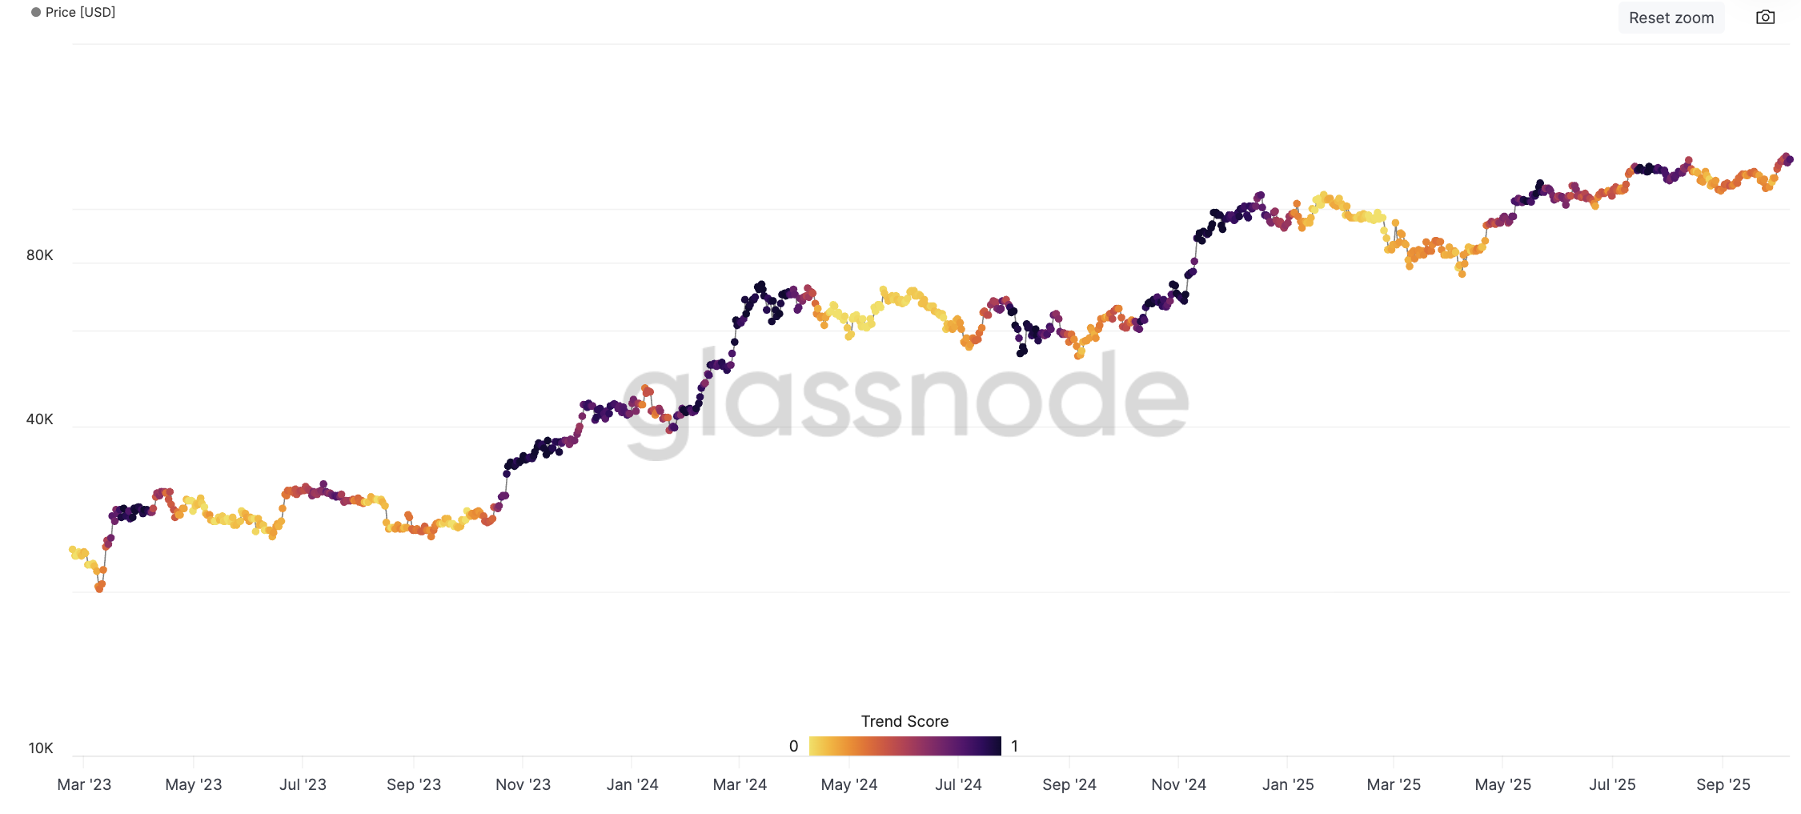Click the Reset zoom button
click(1671, 18)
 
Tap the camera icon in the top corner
click(1765, 17)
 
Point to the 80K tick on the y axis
click(40, 255)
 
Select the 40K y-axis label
click(40, 419)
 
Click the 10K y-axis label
click(41, 748)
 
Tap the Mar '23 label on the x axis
click(84, 784)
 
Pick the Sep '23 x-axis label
click(414, 784)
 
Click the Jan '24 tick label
click(632, 784)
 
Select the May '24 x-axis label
click(849, 784)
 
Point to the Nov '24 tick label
click(1178, 784)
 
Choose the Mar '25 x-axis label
click(1394, 784)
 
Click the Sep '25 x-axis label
click(1723, 784)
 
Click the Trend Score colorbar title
click(905, 721)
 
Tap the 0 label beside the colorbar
click(793, 746)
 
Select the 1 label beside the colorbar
click(1014, 746)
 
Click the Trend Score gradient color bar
click(905, 746)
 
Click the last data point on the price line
click(1789, 160)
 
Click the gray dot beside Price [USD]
click(36, 12)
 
